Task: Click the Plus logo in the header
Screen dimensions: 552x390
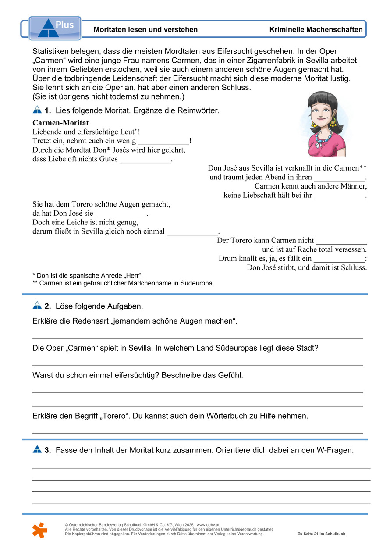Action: (x=55, y=28)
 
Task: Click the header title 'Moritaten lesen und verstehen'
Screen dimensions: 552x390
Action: (x=145, y=30)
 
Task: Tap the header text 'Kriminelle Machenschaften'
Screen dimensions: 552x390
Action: (x=316, y=30)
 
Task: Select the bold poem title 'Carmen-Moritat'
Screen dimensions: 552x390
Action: (x=60, y=123)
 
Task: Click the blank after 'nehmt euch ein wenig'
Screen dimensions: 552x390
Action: (x=163, y=141)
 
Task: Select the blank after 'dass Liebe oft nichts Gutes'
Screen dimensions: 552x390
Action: (x=145, y=160)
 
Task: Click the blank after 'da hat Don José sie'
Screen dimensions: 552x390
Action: (x=121, y=214)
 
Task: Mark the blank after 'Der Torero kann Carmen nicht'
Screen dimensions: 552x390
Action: (x=341, y=241)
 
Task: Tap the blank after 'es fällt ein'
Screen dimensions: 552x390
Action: (x=339, y=259)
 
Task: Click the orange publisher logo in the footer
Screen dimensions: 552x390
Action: (x=39, y=530)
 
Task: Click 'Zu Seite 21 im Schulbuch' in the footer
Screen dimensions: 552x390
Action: (x=321, y=534)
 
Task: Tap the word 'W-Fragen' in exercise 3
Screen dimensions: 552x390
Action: (x=335, y=450)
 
